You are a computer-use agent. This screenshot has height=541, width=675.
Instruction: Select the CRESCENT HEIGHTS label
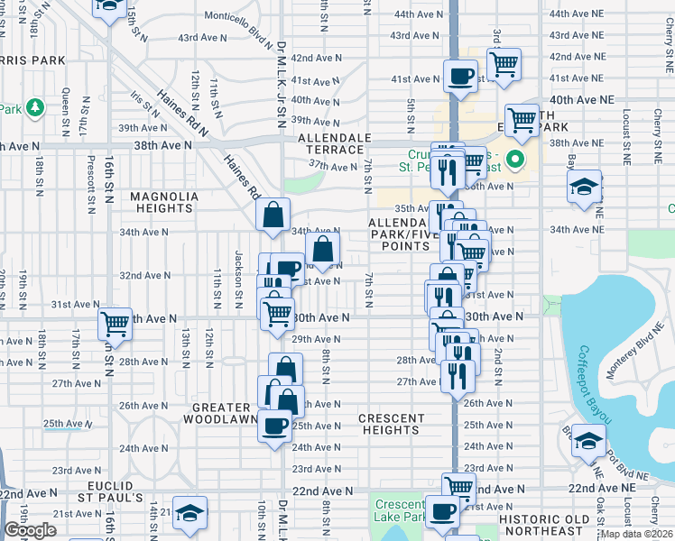[391, 424]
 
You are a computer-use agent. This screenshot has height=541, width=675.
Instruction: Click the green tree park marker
[35, 108]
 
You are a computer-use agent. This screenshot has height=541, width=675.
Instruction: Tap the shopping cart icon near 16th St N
[115, 322]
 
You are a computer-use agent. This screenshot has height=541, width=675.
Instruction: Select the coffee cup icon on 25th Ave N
[274, 424]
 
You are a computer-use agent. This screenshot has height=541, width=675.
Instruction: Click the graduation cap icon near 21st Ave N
[190, 512]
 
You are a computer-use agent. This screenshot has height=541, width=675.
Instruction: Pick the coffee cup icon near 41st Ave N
[460, 75]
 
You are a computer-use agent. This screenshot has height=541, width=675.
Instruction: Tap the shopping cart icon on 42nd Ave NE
[504, 62]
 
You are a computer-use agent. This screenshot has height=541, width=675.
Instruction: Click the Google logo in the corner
[30, 530]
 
